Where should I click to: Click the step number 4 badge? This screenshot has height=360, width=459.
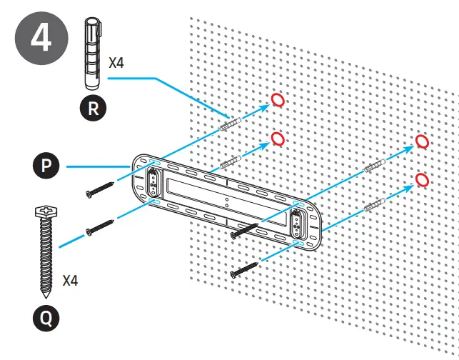tap(39, 38)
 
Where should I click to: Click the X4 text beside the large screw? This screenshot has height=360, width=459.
tap(70, 279)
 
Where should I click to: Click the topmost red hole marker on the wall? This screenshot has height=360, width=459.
tap(278, 100)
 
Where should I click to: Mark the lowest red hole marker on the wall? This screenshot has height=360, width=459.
tap(421, 179)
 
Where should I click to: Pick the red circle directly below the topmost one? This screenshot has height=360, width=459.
tap(278, 137)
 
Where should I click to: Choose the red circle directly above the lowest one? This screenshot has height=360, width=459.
tap(422, 141)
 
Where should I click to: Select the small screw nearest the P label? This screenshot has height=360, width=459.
tap(100, 189)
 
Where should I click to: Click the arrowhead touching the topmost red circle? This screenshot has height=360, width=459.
tap(267, 106)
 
